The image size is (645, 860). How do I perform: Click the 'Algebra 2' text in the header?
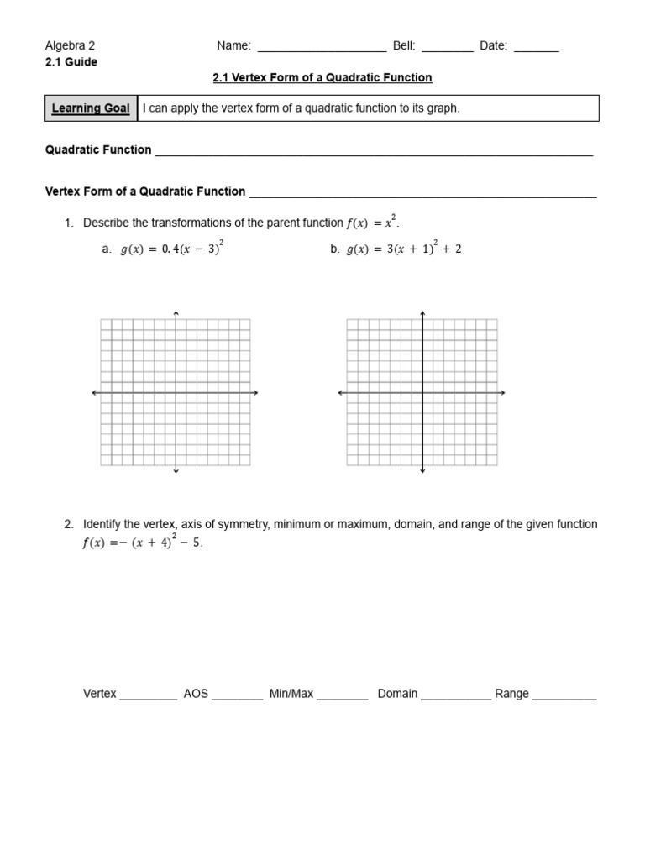click(x=70, y=46)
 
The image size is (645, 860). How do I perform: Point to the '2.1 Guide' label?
click(x=71, y=62)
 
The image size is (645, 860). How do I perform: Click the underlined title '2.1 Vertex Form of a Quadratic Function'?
click(x=322, y=77)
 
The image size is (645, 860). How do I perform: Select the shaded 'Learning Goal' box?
click(x=91, y=108)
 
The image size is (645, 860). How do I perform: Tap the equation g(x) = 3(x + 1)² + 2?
click(x=403, y=249)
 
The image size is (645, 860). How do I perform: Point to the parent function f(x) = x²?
click(x=370, y=223)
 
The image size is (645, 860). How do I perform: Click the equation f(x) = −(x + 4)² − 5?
click(x=142, y=543)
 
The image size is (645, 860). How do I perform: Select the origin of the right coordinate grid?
click(x=422, y=392)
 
